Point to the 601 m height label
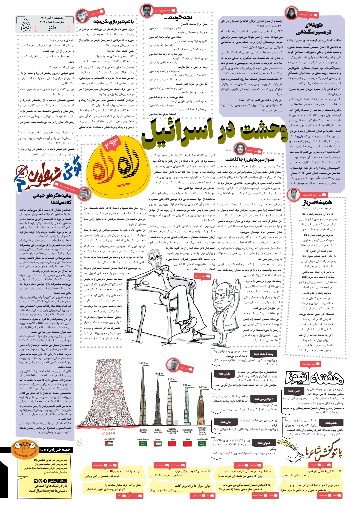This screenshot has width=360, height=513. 203,387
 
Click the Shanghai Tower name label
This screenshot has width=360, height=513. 188,431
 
